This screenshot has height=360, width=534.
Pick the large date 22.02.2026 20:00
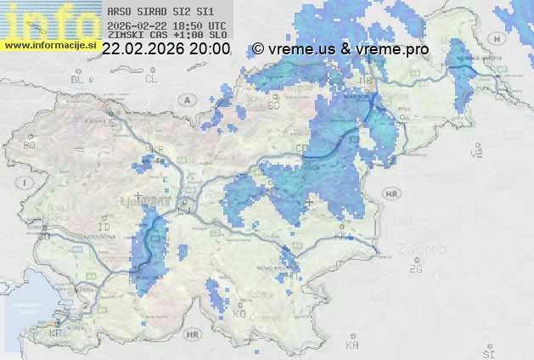pos(166,49)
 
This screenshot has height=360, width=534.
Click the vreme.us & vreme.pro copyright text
pos(340,49)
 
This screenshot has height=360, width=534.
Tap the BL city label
pos(80,79)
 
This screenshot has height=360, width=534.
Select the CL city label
pos(151,79)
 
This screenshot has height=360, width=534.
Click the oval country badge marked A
pos(185,99)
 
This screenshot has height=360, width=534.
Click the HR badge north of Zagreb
pos(391,194)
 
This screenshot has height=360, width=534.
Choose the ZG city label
pos(415,269)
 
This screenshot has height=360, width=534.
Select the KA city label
pos(352,346)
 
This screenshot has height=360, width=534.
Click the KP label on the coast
pos(55,334)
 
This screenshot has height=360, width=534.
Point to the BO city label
pos(30,145)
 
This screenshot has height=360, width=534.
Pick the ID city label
pos(104,228)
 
